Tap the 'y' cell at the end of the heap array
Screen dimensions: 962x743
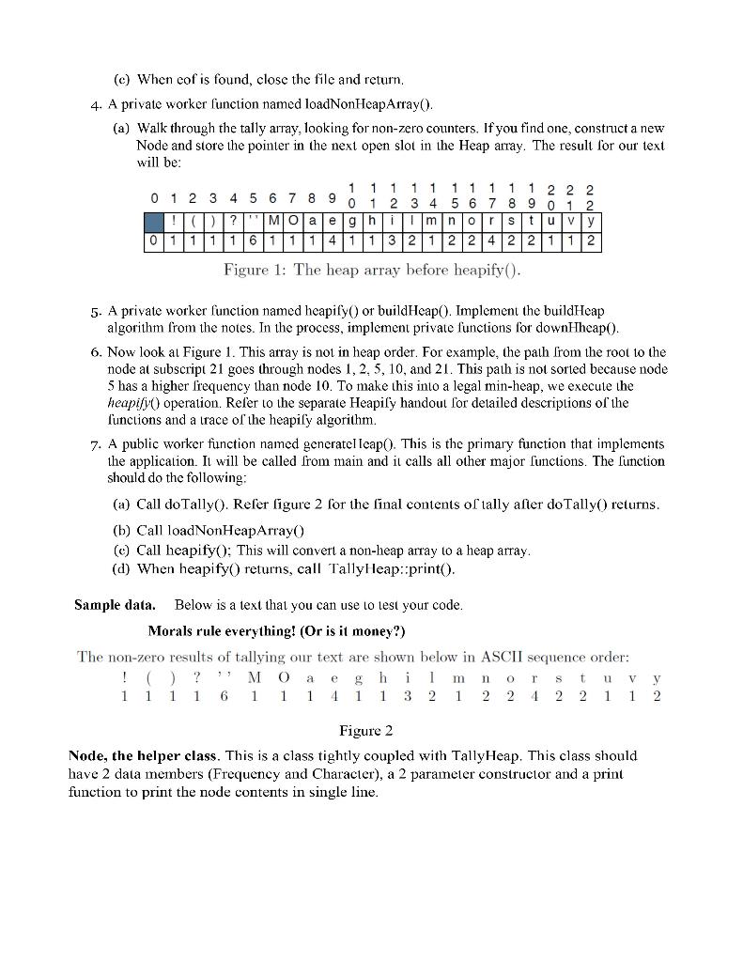(x=591, y=221)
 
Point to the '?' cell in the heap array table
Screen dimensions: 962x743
(x=233, y=221)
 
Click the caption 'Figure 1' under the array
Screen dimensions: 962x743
(x=254, y=271)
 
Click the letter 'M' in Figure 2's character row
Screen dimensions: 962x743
(x=254, y=676)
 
